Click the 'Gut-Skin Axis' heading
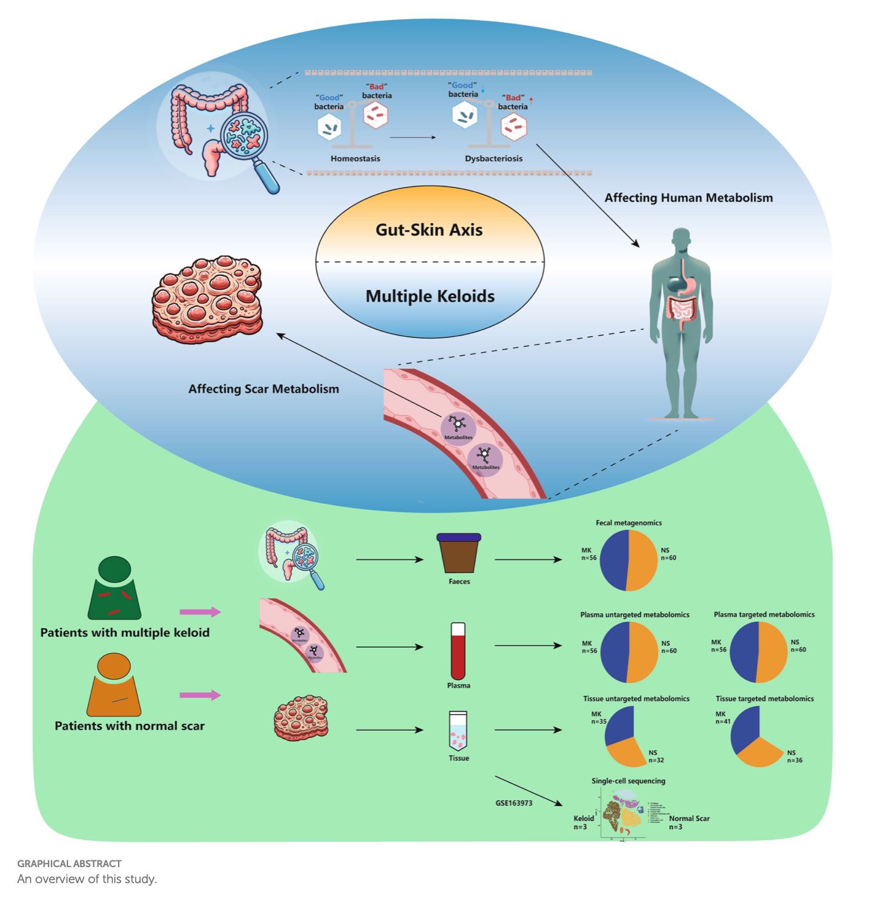(x=429, y=230)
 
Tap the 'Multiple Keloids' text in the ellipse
(x=430, y=296)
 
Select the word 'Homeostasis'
(x=355, y=159)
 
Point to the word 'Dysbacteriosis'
(x=493, y=159)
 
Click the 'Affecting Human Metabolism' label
(x=688, y=198)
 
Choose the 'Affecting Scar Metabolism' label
(x=264, y=389)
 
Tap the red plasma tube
(x=458, y=651)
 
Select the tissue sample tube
(x=458, y=731)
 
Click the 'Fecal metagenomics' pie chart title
(x=629, y=523)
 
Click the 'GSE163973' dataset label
(x=514, y=803)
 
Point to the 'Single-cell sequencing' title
(x=628, y=781)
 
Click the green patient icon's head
(x=115, y=569)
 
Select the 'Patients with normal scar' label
(x=130, y=726)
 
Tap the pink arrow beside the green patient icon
(x=200, y=612)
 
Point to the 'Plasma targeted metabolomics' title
(x=764, y=615)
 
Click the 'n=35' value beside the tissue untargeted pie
(x=599, y=721)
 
